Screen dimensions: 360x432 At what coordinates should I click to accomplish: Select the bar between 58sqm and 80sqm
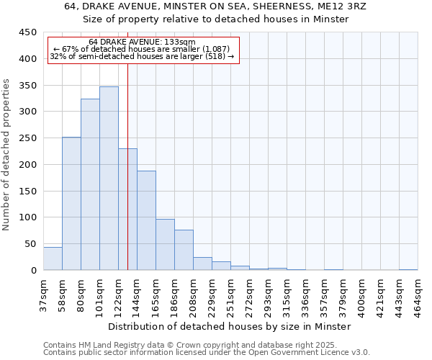(71, 204)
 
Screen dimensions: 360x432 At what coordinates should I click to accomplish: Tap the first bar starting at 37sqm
(53, 258)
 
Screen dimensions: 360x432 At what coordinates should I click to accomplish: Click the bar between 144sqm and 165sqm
(146, 220)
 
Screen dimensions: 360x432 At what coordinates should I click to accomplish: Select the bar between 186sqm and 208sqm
(184, 250)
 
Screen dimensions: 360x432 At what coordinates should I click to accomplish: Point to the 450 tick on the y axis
(27, 32)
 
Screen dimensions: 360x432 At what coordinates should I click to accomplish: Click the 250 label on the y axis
(27, 138)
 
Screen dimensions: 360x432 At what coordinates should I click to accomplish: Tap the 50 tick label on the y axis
(30, 244)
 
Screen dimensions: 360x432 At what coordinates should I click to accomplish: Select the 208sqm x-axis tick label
(193, 295)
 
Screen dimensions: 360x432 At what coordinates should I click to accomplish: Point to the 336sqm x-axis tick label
(305, 295)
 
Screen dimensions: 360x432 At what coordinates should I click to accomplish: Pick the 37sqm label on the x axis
(43, 294)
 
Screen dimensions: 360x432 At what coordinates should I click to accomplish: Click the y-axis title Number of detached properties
(7, 155)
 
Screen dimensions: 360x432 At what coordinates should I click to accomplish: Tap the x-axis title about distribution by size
(230, 326)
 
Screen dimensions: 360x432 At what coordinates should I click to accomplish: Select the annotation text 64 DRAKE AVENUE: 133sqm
(142, 42)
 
